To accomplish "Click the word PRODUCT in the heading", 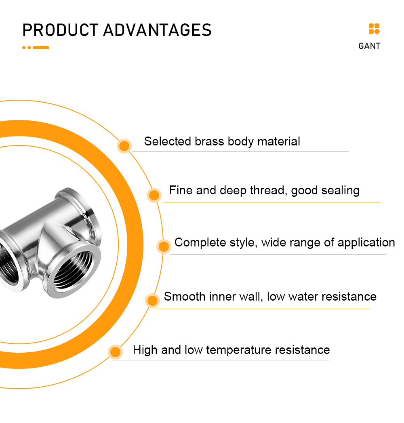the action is [x=60, y=30].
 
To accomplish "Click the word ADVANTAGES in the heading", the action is [x=157, y=30].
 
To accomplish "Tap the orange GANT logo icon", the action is [x=374, y=29].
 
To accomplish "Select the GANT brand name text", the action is [x=369, y=46].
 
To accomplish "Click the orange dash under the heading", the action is [x=41, y=48].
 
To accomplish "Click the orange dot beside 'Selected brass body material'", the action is [x=124, y=146].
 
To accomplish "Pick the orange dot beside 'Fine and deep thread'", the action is [x=154, y=195].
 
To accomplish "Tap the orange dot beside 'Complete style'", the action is [x=164, y=246].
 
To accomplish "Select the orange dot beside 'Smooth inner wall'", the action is [x=152, y=301].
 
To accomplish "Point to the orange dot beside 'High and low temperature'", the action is [x=116, y=352].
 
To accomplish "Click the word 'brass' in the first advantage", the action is [x=209, y=141].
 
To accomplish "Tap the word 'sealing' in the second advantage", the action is [x=340, y=191].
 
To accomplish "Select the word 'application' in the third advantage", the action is [x=366, y=243].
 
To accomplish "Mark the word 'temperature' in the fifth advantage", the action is [x=239, y=350].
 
